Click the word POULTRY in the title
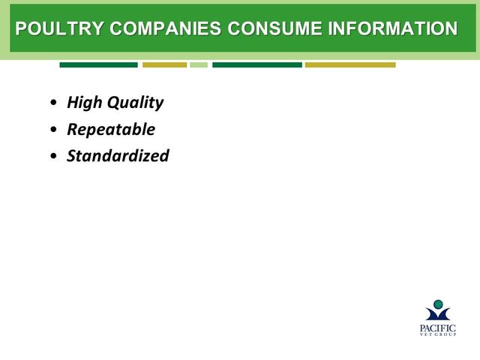point(60,28)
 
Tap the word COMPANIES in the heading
point(165,28)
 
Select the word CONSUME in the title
point(274,28)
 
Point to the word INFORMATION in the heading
point(393,28)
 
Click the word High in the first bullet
point(85,103)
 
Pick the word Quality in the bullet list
point(135,103)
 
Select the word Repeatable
point(111,130)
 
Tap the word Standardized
point(118,155)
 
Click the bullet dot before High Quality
point(53,103)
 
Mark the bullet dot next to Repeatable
point(53,130)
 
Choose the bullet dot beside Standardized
point(53,156)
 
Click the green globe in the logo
point(438,304)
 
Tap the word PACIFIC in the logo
point(438,328)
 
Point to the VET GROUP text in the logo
point(438,334)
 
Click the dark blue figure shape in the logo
point(438,314)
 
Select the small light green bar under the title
point(199,65)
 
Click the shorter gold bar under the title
point(165,65)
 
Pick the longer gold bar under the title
point(350,65)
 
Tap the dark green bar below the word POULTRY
point(98,65)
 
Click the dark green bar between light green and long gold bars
point(257,65)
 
